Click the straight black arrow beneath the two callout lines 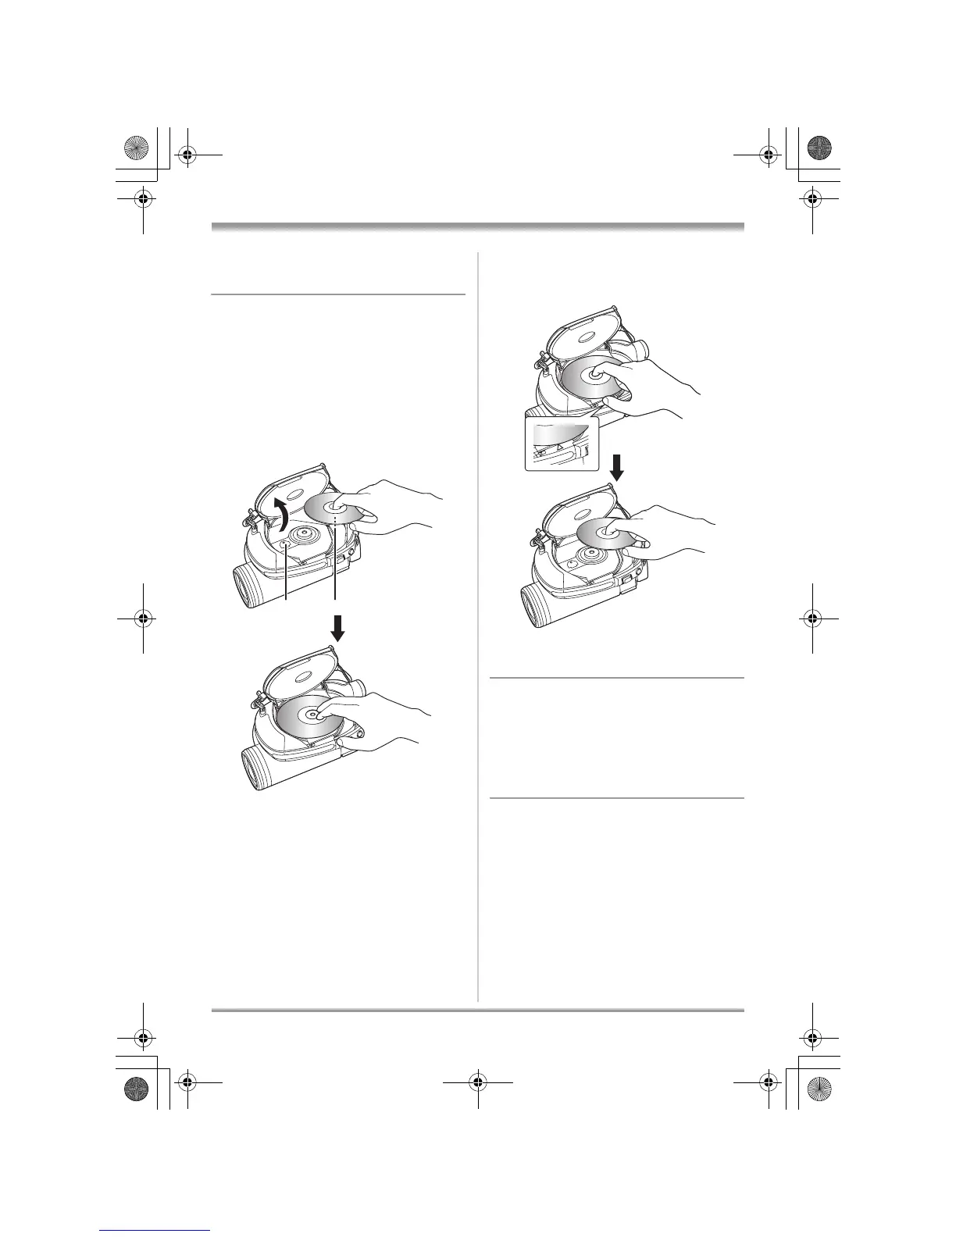[x=337, y=628]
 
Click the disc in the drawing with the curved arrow [x=334, y=508]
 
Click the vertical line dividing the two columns [x=477, y=625]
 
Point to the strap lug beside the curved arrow [x=251, y=517]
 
